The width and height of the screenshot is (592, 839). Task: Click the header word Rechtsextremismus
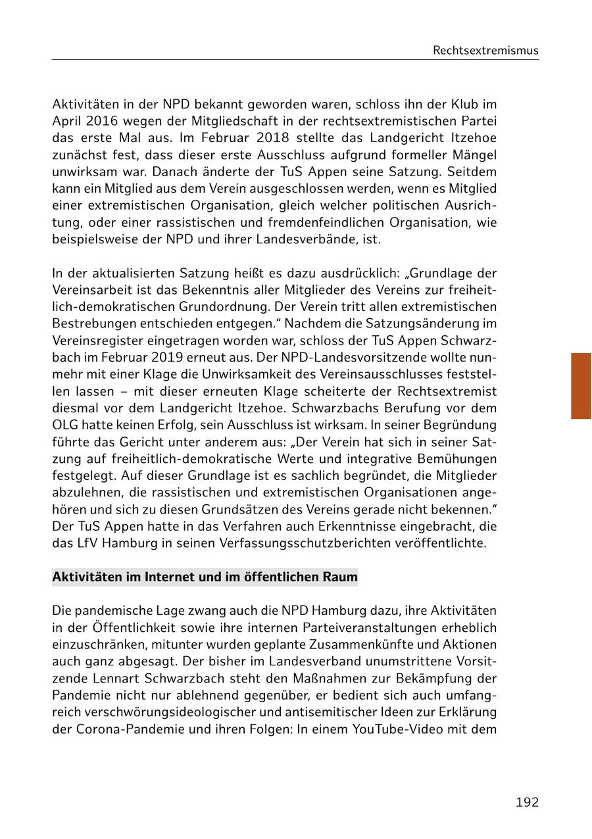[x=485, y=51]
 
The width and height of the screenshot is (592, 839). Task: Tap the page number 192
[x=527, y=802]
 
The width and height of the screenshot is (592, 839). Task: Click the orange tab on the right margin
[x=581, y=386]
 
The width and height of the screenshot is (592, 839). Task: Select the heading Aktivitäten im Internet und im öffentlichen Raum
[x=205, y=578]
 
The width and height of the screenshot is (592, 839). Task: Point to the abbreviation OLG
[x=65, y=425]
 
